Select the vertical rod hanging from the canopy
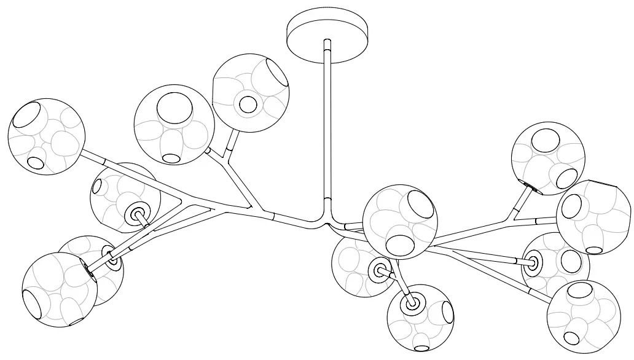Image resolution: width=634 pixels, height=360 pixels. click(x=327, y=123)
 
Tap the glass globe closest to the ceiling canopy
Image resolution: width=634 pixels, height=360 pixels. click(x=251, y=93)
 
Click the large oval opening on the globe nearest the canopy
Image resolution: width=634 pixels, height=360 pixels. click(x=277, y=73)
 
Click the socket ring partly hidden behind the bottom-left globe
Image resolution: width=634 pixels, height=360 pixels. click(x=113, y=259)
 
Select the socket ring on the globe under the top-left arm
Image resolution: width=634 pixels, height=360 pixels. click(x=136, y=214)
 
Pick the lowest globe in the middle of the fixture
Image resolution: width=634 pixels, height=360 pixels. click(x=420, y=317)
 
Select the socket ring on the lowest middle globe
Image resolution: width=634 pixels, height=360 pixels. click(x=410, y=302)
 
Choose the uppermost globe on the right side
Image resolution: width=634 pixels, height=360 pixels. click(x=549, y=159)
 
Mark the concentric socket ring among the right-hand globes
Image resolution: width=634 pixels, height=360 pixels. click(x=532, y=264)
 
